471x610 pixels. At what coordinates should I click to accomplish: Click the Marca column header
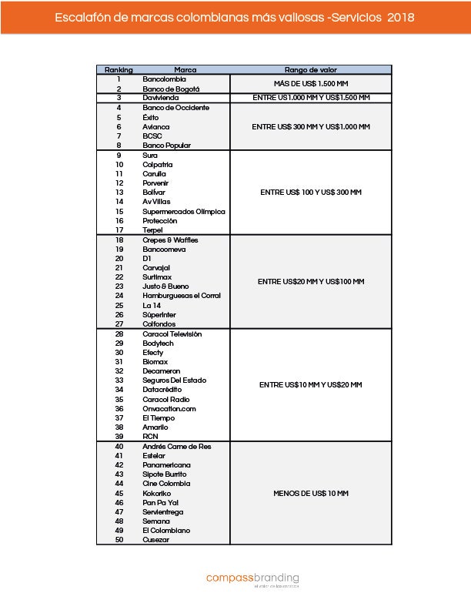175,70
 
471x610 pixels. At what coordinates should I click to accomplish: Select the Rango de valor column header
310,70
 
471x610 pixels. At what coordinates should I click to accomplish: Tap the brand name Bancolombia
165,79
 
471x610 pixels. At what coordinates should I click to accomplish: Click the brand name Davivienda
162,98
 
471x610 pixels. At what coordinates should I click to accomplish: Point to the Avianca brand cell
156,126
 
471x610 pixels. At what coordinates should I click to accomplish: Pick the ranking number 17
119,230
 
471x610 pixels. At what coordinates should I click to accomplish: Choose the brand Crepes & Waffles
170,240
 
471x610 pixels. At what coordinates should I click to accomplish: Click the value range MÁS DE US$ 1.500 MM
311,84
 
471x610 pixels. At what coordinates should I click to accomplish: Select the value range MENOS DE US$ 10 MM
311,493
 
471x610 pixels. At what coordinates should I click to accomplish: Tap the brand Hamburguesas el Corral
181,296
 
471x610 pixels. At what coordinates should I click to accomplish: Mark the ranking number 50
119,540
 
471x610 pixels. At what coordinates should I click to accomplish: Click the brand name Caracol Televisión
172,334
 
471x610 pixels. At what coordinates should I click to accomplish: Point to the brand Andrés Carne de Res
176,447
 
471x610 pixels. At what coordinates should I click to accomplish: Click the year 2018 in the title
401,17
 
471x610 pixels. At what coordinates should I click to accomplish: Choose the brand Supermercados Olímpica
184,211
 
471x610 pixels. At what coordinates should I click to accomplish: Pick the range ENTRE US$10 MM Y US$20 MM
311,385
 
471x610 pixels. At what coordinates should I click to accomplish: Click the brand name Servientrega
163,511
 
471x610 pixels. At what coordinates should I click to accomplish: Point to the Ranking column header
119,70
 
